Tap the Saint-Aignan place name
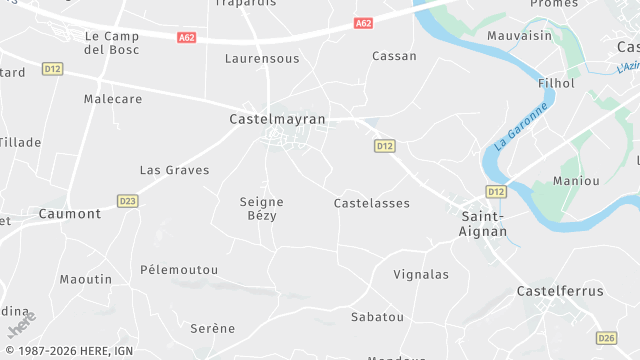484,223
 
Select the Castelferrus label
560,291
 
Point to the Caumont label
70,214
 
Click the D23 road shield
127,200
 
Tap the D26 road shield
606,338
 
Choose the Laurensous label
262,59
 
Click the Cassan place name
394,56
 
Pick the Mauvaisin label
519,35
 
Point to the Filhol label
556,83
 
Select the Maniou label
577,181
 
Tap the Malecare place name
113,101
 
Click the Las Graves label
174,170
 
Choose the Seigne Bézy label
263,208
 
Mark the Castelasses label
371,203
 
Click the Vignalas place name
421,274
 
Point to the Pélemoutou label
179,270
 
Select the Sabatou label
377,317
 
